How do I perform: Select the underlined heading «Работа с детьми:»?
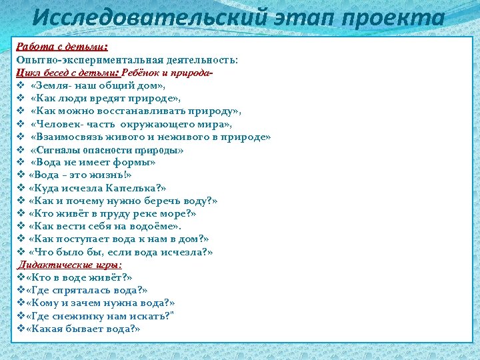[x=62, y=47]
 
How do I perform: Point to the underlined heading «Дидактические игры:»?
[x=69, y=265]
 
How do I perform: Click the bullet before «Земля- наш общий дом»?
[x=21, y=86]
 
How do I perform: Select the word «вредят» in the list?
[x=109, y=99]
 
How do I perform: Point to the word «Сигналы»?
[x=57, y=150]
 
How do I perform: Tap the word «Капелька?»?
[x=135, y=188]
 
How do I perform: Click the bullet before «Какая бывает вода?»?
[x=20, y=329]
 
